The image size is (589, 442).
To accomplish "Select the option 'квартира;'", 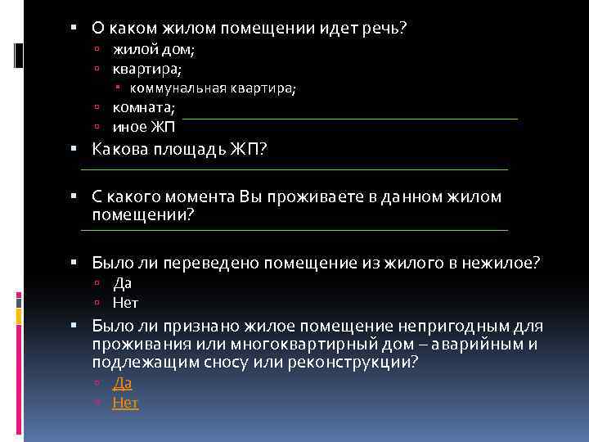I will point(147,70).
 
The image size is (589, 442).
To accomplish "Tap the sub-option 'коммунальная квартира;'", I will point(212,88).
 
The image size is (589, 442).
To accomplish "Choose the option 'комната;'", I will point(144,107).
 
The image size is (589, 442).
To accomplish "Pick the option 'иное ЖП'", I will point(144,126).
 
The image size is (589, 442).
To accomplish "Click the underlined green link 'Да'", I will point(122,383).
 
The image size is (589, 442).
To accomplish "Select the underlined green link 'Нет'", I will point(125,403).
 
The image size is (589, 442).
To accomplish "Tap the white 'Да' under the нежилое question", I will point(122,282).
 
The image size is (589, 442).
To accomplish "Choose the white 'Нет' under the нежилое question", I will point(125,302).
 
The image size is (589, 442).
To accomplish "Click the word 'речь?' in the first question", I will point(384,29).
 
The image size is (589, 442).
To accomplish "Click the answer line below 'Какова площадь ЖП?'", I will point(294,169).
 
